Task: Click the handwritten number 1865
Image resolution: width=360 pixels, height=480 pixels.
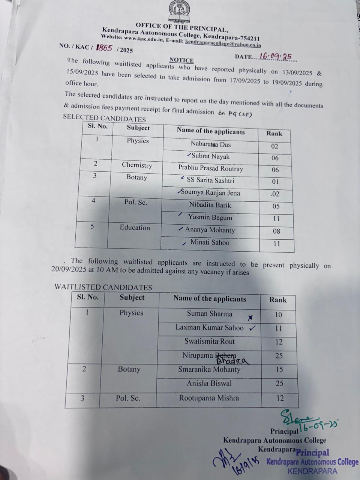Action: pyautogui.click(x=104, y=48)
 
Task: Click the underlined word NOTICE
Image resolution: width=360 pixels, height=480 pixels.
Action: pyautogui.click(x=181, y=60)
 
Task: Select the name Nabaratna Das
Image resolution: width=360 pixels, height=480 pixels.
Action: pyautogui.click(x=210, y=144)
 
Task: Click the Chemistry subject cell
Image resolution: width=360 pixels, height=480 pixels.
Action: pyautogui.click(x=137, y=165)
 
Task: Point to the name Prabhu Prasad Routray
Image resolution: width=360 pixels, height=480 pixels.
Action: pyautogui.click(x=210, y=168)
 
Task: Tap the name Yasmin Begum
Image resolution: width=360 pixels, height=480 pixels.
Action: pyautogui.click(x=210, y=217)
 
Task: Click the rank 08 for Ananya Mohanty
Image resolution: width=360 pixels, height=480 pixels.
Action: pyautogui.click(x=276, y=231)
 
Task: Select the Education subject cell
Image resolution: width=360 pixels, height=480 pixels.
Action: pyautogui.click(x=135, y=228)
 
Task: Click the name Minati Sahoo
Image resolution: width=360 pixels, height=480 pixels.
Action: pyautogui.click(x=210, y=242)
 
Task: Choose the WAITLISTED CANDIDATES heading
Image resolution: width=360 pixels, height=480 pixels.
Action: pyautogui.click(x=103, y=287)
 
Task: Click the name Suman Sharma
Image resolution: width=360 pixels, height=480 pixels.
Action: pyautogui.click(x=210, y=314)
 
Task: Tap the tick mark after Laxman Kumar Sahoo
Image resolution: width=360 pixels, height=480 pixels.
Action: pyautogui.click(x=252, y=328)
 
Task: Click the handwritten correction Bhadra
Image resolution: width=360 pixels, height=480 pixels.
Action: pyautogui.click(x=232, y=361)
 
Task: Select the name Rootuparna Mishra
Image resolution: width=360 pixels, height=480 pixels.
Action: pyautogui.click(x=209, y=398)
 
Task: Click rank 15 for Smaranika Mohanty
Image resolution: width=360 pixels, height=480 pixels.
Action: pyautogui.click(x=279, y=370)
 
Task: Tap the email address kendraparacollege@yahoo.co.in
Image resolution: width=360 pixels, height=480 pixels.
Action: pyautogui.click(x=223, y=44)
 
